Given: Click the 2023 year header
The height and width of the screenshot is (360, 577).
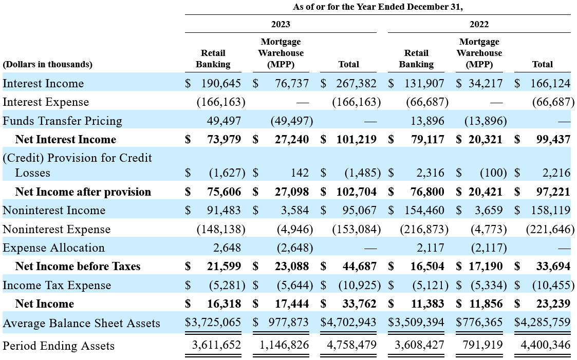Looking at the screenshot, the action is (281, 24).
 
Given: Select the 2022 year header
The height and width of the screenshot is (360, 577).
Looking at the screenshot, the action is (479, 24).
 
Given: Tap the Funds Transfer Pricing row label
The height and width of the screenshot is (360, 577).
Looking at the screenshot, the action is (62, 121).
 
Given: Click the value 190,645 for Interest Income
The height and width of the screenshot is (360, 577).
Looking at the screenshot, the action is (221, 84).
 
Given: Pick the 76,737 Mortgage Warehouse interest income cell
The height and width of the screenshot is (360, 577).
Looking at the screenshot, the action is (292, 84).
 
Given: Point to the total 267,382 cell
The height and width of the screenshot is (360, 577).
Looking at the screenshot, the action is (356, 84).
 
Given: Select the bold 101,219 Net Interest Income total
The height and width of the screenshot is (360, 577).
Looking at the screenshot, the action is (356, 139).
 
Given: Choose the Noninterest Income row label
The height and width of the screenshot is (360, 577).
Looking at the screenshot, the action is (54, 211).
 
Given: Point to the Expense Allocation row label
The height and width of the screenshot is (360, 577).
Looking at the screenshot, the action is (54, 248).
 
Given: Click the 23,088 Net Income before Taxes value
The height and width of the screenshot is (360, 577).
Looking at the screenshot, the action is (292, 266).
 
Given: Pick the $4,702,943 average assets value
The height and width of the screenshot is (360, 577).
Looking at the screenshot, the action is (348, 323).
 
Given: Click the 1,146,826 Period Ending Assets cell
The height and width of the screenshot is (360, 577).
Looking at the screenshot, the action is (284, 345).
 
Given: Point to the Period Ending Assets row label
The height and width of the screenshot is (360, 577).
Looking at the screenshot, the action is (59, 346).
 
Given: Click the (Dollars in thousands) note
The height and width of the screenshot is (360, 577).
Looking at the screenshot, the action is (47, 64).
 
